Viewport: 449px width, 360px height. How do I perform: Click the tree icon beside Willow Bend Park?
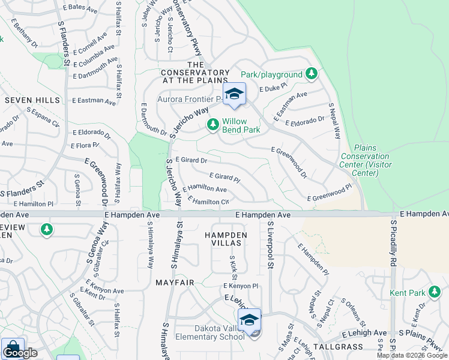212,125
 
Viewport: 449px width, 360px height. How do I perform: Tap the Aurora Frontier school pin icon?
234,94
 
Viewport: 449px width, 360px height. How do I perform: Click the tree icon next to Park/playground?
311,74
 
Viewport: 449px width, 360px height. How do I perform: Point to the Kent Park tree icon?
435,293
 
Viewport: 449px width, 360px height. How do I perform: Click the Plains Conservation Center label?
364,160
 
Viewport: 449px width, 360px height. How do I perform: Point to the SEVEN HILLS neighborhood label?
32,100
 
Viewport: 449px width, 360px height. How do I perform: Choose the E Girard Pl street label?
224,178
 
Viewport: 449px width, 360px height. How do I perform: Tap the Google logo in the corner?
20,353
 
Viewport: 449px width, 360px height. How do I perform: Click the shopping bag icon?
12,349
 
